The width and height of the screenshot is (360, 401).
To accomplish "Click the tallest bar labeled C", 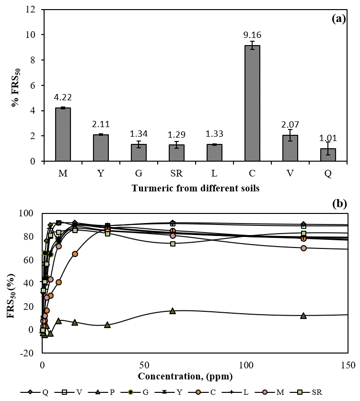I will pos(252,103).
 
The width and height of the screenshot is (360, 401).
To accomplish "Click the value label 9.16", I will pos(253,35).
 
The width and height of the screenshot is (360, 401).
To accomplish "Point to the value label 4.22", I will pos(63,98).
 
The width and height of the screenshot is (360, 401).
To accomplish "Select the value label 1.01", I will pos(328,139).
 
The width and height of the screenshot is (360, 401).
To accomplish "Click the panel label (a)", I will pos(338,19).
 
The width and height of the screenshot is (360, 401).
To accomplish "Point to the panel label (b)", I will pos(338,203).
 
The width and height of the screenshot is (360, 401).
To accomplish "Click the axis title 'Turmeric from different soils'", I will pos(196,189).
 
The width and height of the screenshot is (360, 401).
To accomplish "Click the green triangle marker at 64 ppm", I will pos(173,311).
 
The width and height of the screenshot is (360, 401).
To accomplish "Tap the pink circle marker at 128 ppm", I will pos(303,248).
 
